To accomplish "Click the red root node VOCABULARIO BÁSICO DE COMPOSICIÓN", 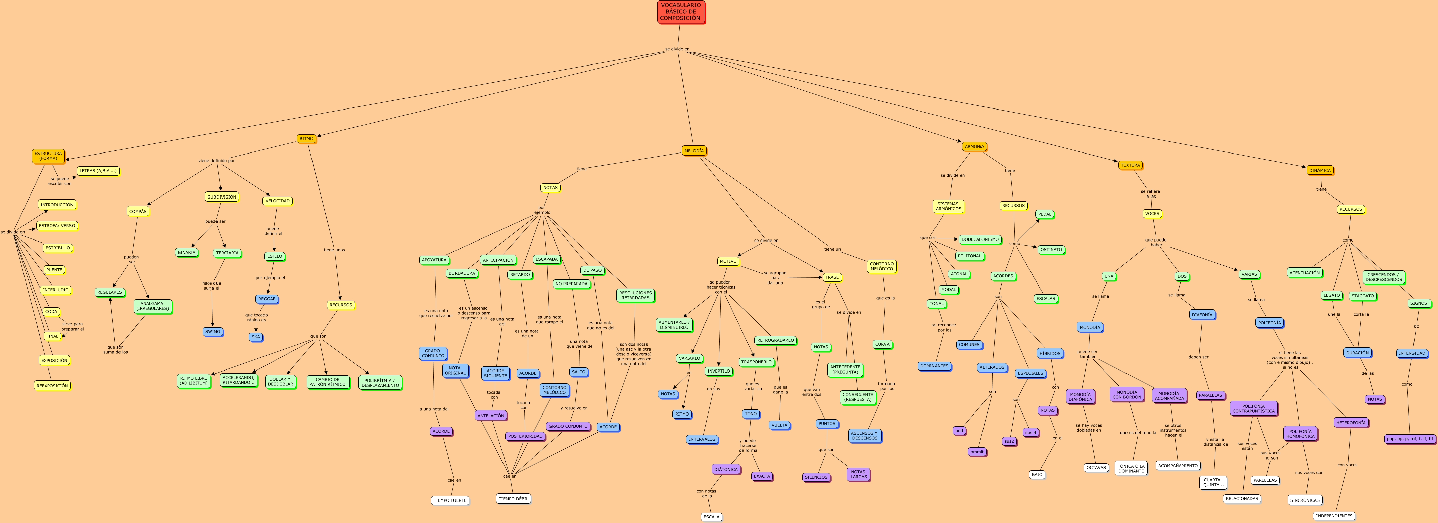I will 680,12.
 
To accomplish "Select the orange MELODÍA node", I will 694,151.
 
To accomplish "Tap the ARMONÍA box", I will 974,147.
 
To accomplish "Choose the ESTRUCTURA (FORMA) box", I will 48,156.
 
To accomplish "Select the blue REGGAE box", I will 267,299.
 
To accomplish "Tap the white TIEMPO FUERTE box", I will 449,500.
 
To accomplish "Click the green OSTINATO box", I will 1051,250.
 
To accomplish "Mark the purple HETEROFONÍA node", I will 1350,423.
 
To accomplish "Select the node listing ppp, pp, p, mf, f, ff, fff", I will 1409,439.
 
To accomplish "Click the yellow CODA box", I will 51,312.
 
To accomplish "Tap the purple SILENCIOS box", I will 816,477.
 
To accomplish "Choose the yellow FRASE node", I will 832,277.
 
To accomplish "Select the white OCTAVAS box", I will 1096,468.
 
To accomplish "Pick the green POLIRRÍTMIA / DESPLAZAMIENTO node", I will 380,383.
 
